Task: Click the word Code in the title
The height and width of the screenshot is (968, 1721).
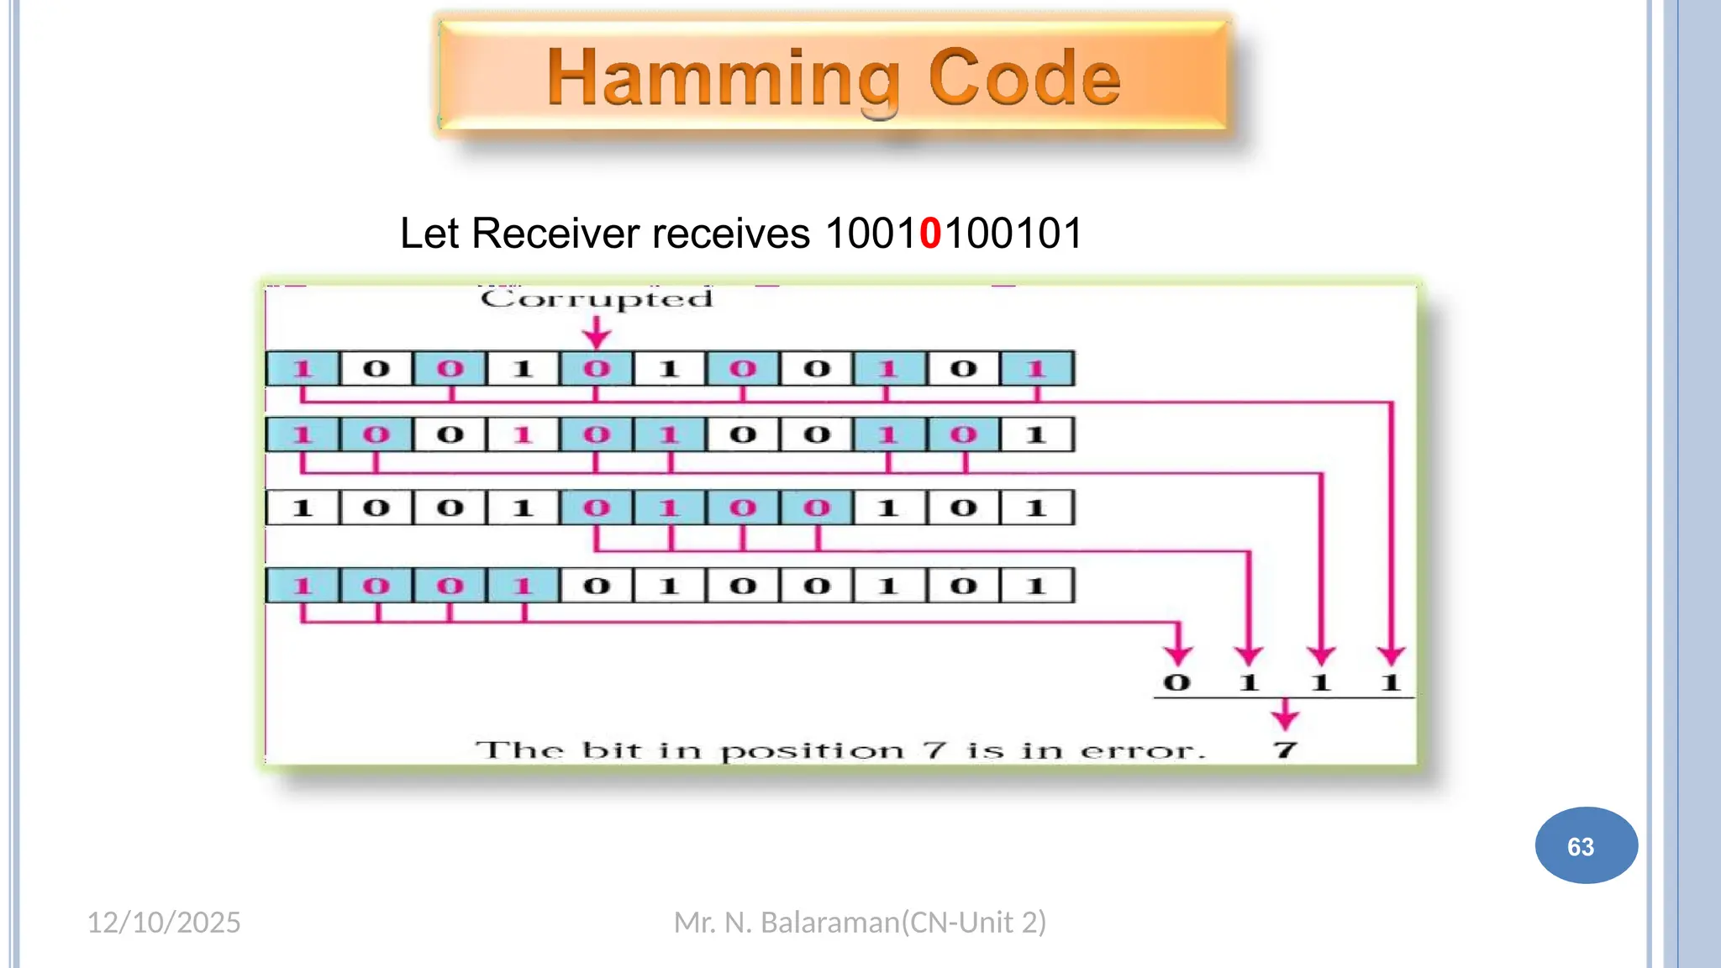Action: [x=1024, y=78]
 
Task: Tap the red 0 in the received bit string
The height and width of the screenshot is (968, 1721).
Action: [x=930, y=234]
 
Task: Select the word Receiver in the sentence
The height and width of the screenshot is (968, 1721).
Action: [x=555, y=234]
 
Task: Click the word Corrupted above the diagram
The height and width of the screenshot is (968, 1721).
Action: [x=597, y=299]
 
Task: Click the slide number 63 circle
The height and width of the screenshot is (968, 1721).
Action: [x=1586, y=845]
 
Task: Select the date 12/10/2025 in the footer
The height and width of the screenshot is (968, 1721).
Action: [x=164, y=923]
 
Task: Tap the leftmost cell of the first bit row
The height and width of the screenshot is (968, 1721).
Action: [x=303, y=369]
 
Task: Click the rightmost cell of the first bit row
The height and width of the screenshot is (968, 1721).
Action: [x=1036, y=369]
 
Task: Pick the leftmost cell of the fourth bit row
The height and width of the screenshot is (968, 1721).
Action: [x=303, y=586]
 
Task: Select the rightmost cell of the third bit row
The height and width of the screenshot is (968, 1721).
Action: [x=1036, y=508]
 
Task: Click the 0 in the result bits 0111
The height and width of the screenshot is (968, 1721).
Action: [x=1177, y=682]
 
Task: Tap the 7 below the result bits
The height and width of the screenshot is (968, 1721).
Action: [x=1285, y=750]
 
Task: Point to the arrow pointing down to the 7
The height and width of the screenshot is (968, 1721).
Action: [x=1285, y=715]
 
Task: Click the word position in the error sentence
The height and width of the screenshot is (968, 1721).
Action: [x=813, y=750]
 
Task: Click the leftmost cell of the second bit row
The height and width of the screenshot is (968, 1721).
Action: [x=303, y=435]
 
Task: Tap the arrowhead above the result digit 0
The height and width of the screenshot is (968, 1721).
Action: [x=1178, y=655]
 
